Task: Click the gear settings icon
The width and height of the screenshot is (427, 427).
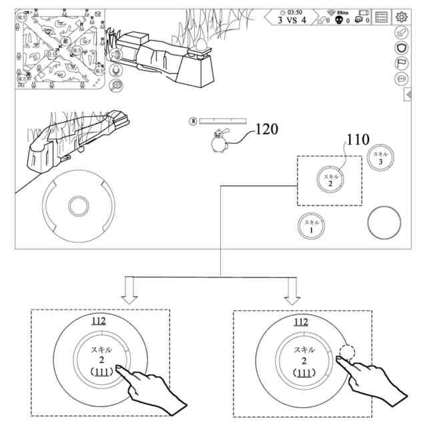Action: (x=402, y=18)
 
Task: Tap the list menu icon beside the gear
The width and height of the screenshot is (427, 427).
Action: (x=382, y=18)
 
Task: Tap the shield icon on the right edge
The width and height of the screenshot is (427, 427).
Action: (x=402, y=48)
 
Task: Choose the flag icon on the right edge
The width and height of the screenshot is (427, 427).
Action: (x=402, y=63)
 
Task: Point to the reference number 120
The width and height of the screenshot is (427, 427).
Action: (x=266, y=129)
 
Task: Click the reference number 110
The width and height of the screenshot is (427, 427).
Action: (x=357, y=140)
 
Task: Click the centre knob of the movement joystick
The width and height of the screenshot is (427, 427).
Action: (x=79, y=204)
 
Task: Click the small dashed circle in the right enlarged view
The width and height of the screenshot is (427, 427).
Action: (x=348, y=352)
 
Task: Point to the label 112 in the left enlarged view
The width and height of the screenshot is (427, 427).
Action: (x=98, y=322)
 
